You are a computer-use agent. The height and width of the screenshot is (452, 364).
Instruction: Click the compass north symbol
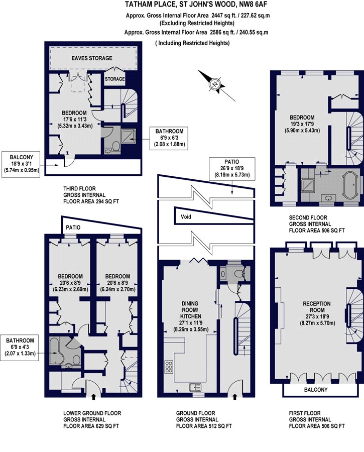click(x=215, y=84)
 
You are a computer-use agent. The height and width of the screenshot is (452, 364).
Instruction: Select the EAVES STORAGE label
click(x=92, y=58)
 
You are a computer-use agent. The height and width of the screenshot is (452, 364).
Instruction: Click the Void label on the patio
click(x=186, y=217)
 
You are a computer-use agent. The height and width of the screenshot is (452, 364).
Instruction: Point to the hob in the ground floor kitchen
click(x=169, y=367)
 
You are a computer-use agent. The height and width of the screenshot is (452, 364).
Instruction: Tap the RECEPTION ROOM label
click(x=317, y=307)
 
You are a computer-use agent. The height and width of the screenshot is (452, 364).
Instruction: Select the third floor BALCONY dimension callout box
click(x=21, y=164)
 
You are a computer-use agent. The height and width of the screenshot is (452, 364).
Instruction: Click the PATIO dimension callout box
click(x=232, y=168)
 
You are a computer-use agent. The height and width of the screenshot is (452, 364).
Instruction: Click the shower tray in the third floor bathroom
click(x=128, y=136)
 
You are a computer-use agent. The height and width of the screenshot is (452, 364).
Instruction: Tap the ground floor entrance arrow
click(x=234, y=397)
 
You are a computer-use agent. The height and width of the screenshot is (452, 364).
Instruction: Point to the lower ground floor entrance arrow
click(x=93, y=397)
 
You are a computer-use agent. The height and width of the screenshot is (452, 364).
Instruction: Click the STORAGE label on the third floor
click(x=114, y=79)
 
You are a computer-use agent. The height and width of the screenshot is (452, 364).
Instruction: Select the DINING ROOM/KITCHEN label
click(x=190, y=309)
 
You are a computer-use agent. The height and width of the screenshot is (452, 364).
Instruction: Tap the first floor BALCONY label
click(x=316, y=390)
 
